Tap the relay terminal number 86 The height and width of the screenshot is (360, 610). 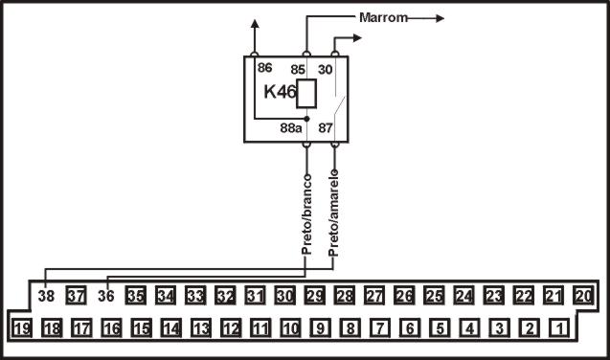point(264,67)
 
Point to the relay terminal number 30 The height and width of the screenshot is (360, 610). point(326,69)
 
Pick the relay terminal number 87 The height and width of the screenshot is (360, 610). point(327,125)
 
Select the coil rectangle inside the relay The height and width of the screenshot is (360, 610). point(307,94)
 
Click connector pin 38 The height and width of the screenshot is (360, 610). point(46,297)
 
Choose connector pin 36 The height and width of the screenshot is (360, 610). point(105,297)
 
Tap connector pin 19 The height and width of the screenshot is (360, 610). point(22,328)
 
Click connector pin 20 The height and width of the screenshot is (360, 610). point(583,296)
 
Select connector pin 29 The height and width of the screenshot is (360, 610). point(315,296)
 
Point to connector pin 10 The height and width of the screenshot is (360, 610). point(290,328)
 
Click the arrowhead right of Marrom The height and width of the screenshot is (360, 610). point(439,17)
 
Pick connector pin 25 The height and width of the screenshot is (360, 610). point(434,296)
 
